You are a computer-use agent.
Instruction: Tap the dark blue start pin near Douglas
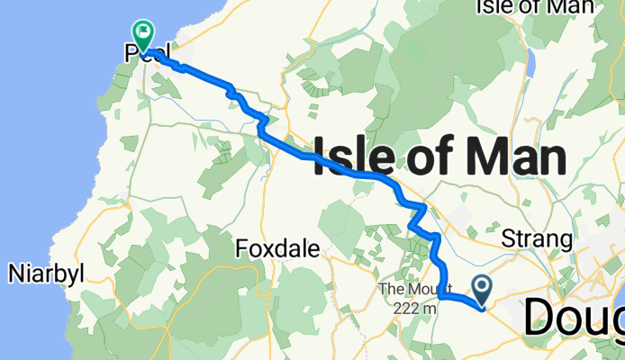(x=482, y=289)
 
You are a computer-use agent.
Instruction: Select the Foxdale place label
(x=277, y=249)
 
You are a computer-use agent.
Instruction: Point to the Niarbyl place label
(x=47, y=273)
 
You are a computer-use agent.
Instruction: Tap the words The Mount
(x=408, y=289)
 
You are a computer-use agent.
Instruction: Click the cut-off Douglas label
(x=575, y=318)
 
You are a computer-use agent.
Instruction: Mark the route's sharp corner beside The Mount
(x=440, y=294)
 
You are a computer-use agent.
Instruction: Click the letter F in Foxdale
(x=240, y=249)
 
